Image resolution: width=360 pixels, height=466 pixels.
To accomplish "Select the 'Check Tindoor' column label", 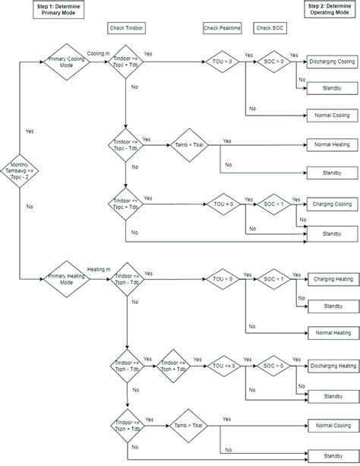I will click(125, 28).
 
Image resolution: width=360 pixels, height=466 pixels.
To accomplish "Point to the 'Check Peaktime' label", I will click(222, 28).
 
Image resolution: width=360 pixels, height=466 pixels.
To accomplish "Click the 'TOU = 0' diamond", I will click(223, 204).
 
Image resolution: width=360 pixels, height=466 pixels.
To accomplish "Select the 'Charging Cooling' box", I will click(330, 204).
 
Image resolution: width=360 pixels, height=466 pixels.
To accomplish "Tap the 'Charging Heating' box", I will click(330, 278).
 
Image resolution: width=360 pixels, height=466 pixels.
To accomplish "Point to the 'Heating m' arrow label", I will click(99, 270).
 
